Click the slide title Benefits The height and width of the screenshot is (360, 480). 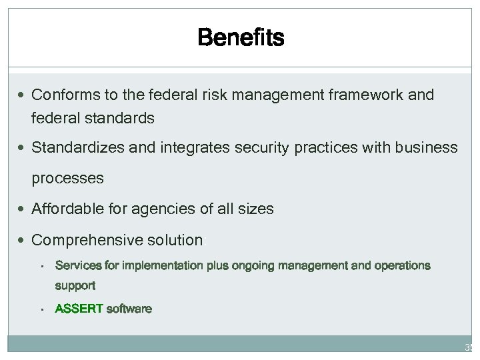pos(241,39)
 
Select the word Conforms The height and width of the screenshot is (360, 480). pos(62,95)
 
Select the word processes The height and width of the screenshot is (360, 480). pos(67,179)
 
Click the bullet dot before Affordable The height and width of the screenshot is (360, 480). pos(24,209)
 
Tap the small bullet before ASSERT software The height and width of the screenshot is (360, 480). pos(41,309)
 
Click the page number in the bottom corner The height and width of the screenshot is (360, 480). pos(469,347)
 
